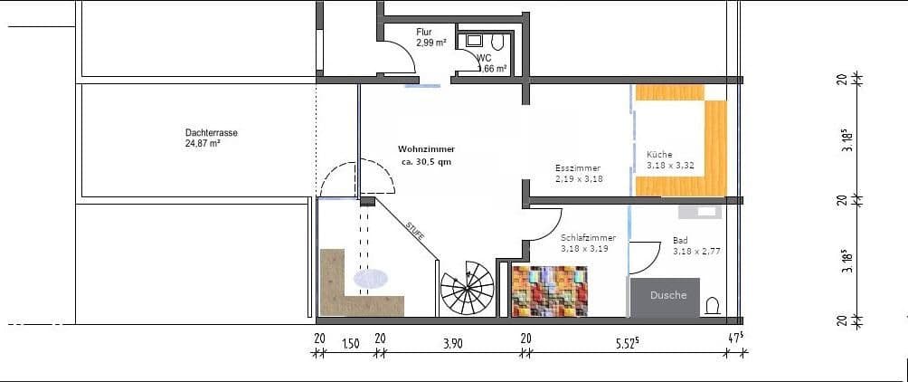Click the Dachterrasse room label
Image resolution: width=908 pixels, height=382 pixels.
(204, 132)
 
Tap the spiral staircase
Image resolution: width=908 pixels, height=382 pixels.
(467, 290)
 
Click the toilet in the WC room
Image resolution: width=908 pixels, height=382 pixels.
(495, 43)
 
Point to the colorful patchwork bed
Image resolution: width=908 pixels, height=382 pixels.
(550, 291)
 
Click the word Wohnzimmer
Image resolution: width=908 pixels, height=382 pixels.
(426, 148)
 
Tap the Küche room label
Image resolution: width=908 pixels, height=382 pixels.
(659, 155)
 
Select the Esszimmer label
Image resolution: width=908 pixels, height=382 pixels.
(578, 168)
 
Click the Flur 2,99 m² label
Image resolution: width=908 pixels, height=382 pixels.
(430, 37)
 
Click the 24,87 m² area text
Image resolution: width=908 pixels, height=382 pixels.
(203, 143)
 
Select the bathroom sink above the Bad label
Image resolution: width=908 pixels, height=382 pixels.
(698, 211)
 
